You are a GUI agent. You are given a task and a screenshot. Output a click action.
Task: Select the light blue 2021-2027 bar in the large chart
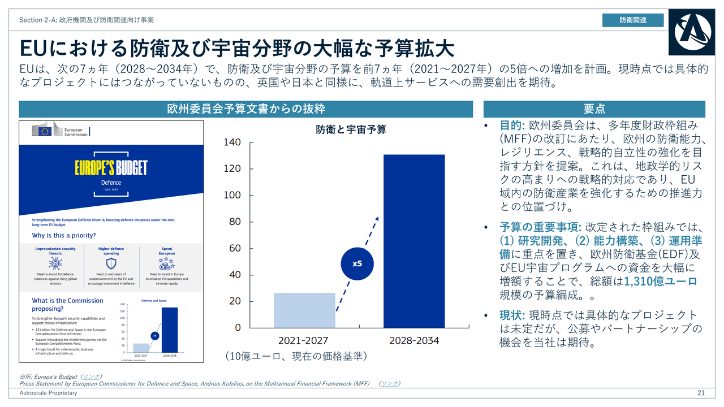pyautogui.click(x=304, y=310)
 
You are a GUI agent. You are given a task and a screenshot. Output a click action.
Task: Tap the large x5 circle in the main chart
pyautogui.click(x=357, y=263)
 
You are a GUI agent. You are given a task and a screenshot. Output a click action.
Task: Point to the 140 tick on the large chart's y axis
pyautogui.click(x=232, y=142)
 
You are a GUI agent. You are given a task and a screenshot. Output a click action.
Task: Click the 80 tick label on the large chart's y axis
pyautogui.click(x=234, y=222)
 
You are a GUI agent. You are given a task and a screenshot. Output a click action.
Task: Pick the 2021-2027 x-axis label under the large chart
pyautogui.click(x=303, y=341)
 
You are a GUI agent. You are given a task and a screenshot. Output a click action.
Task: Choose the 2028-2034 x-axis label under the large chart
pyautogui.click(x=414, y=341)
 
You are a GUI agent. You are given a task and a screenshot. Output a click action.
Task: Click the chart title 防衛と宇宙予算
pyautogui.click(x=351, y=129)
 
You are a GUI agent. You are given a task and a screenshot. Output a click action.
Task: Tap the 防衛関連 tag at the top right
pyautogui.click(x=633, y=20)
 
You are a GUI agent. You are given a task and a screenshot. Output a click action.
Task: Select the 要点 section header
pyautogui.click(x=594, y=109)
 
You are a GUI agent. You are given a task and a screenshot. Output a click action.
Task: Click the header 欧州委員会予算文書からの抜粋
pyautogui.click(x=245, y=109)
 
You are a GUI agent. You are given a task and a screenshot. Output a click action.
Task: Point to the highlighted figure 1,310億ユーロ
pyautogui.click(x=661, y=282)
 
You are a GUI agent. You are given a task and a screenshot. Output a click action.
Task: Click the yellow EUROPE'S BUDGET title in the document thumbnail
pyautogui.click(x=111, y=168)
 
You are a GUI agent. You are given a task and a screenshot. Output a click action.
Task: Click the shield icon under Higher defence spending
pyautogui.click(x=111, y=263)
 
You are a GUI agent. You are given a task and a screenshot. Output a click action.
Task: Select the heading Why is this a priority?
pyautogui.click(x=64, y=235)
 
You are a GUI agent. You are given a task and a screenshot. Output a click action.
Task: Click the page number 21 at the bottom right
pyautogui.click(x=701, y=393)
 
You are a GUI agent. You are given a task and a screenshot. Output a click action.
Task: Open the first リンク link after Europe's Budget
pyautogui.click(x=90, y=376)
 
